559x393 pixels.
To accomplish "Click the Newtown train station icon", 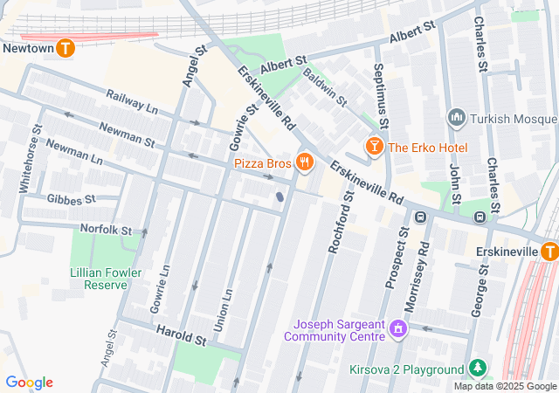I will [x=66, y=49].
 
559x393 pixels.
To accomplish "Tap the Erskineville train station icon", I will [x=549, y=252].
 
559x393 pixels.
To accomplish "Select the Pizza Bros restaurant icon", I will [x=304, y=162].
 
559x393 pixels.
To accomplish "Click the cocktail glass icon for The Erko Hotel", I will [x=374, y=147].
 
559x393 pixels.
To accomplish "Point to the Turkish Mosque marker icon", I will [x=455, y=118].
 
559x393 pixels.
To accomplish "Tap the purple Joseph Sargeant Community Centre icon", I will [x=398, y=328].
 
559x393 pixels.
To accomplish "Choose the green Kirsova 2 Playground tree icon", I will [x=477, y=369].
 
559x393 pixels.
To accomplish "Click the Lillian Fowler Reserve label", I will [x=105, y=278].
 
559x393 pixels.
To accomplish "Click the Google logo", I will [x=29, y=383].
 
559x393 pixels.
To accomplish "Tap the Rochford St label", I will [x=340, y=224].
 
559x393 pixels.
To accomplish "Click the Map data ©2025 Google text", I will [x=506, y=386].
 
